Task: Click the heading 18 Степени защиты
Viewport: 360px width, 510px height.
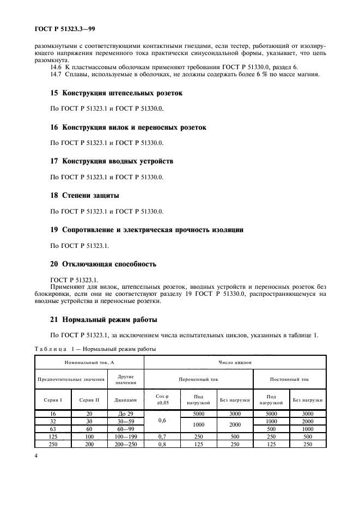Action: [x=84, y=195]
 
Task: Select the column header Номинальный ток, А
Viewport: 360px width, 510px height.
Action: [x=89, y=361]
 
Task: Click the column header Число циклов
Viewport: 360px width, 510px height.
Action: [x=235, y=361]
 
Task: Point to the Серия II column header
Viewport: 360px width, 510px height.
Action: [x=89, y=400]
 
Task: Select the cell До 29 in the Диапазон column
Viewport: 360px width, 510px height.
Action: [x=126, y=415]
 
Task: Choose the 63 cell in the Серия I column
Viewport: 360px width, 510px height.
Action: [x=53, y=429]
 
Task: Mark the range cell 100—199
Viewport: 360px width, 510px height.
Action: [x=126, y=437]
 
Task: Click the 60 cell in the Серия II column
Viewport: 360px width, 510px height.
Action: [x=89, y=429]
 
